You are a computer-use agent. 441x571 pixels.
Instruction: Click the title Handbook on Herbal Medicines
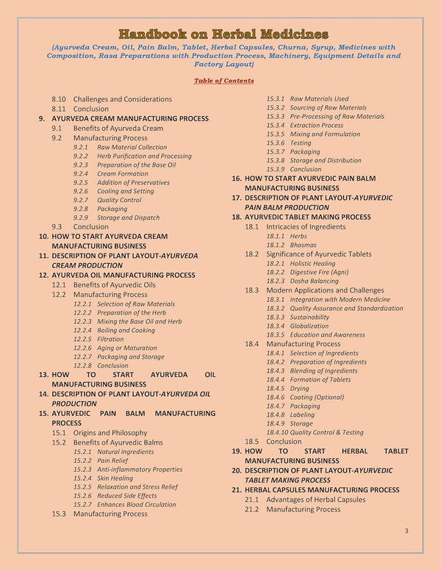click(223, 34)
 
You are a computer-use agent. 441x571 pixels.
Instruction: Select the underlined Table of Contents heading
click(224, 81)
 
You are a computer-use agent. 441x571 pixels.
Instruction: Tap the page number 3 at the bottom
click(406, 531)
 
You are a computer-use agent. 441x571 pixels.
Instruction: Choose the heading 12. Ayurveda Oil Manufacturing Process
click(123, 275)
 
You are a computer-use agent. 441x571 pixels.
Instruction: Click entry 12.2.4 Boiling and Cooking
click(126, 330)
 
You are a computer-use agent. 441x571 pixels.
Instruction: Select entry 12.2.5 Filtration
click(110, 339)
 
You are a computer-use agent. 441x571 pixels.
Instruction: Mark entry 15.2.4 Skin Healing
click(113, 478)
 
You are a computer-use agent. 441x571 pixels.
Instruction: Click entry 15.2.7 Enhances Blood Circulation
click(135, 505)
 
